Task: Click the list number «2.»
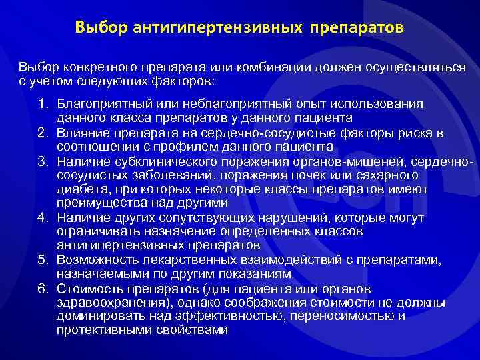tap(43, 133)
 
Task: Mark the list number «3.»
tap(43, 161)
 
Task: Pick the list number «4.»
tap(43, 217)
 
